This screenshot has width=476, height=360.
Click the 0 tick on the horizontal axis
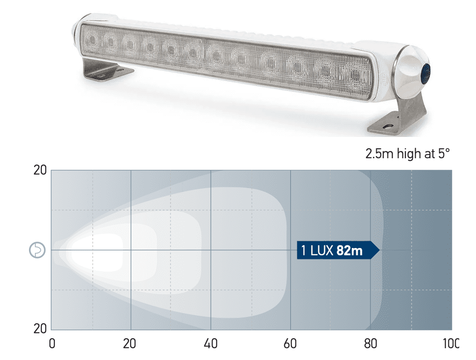click(x=52, y=344)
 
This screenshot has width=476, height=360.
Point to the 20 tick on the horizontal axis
click(x=131, y=344)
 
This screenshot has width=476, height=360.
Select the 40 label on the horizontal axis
click(x=211, y=344)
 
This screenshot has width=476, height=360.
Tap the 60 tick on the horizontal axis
click(x=291, y=344)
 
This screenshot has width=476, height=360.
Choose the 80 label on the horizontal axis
click(x=370, y=344)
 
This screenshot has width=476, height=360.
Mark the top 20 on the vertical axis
click(x=40, y=171)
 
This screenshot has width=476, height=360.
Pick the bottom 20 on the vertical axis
click(x=40, y=329)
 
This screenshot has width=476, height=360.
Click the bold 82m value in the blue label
click(x=350, y=250)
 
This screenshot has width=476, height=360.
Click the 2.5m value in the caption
click(x=379, y=154)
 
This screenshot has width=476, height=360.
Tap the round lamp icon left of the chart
click(x=37, y=250)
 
